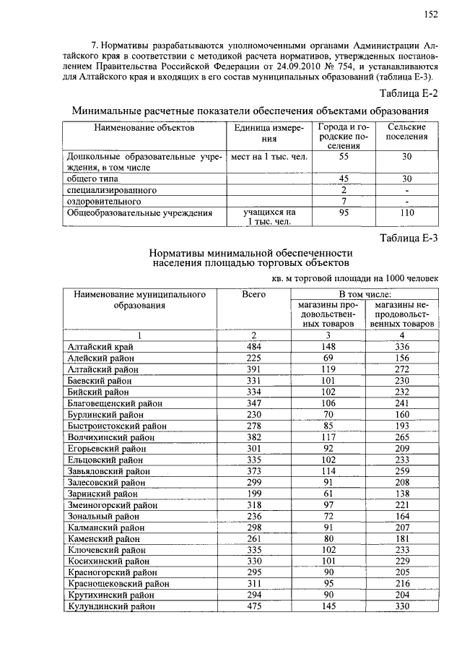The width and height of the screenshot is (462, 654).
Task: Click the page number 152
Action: (x=431, y=14)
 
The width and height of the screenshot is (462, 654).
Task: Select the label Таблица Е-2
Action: (x=409, y=92)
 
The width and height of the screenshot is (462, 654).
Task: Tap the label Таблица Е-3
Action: (x=409, y=238)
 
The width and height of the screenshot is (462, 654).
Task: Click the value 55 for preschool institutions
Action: (x=344, y=156)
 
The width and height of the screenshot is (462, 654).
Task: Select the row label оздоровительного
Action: (x=104, y=201)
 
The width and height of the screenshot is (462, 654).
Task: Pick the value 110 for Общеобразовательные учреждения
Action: (x=406, y=213)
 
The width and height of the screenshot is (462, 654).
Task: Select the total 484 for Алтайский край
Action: (x=253, y=347)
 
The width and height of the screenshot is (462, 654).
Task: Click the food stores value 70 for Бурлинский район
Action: (x=328, y=415)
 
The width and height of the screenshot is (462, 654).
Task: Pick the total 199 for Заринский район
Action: (x=253, y=494)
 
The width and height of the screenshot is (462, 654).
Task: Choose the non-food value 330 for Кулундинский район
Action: (x=401, y=606)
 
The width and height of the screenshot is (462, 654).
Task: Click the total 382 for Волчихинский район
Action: (x=253, y=437)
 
